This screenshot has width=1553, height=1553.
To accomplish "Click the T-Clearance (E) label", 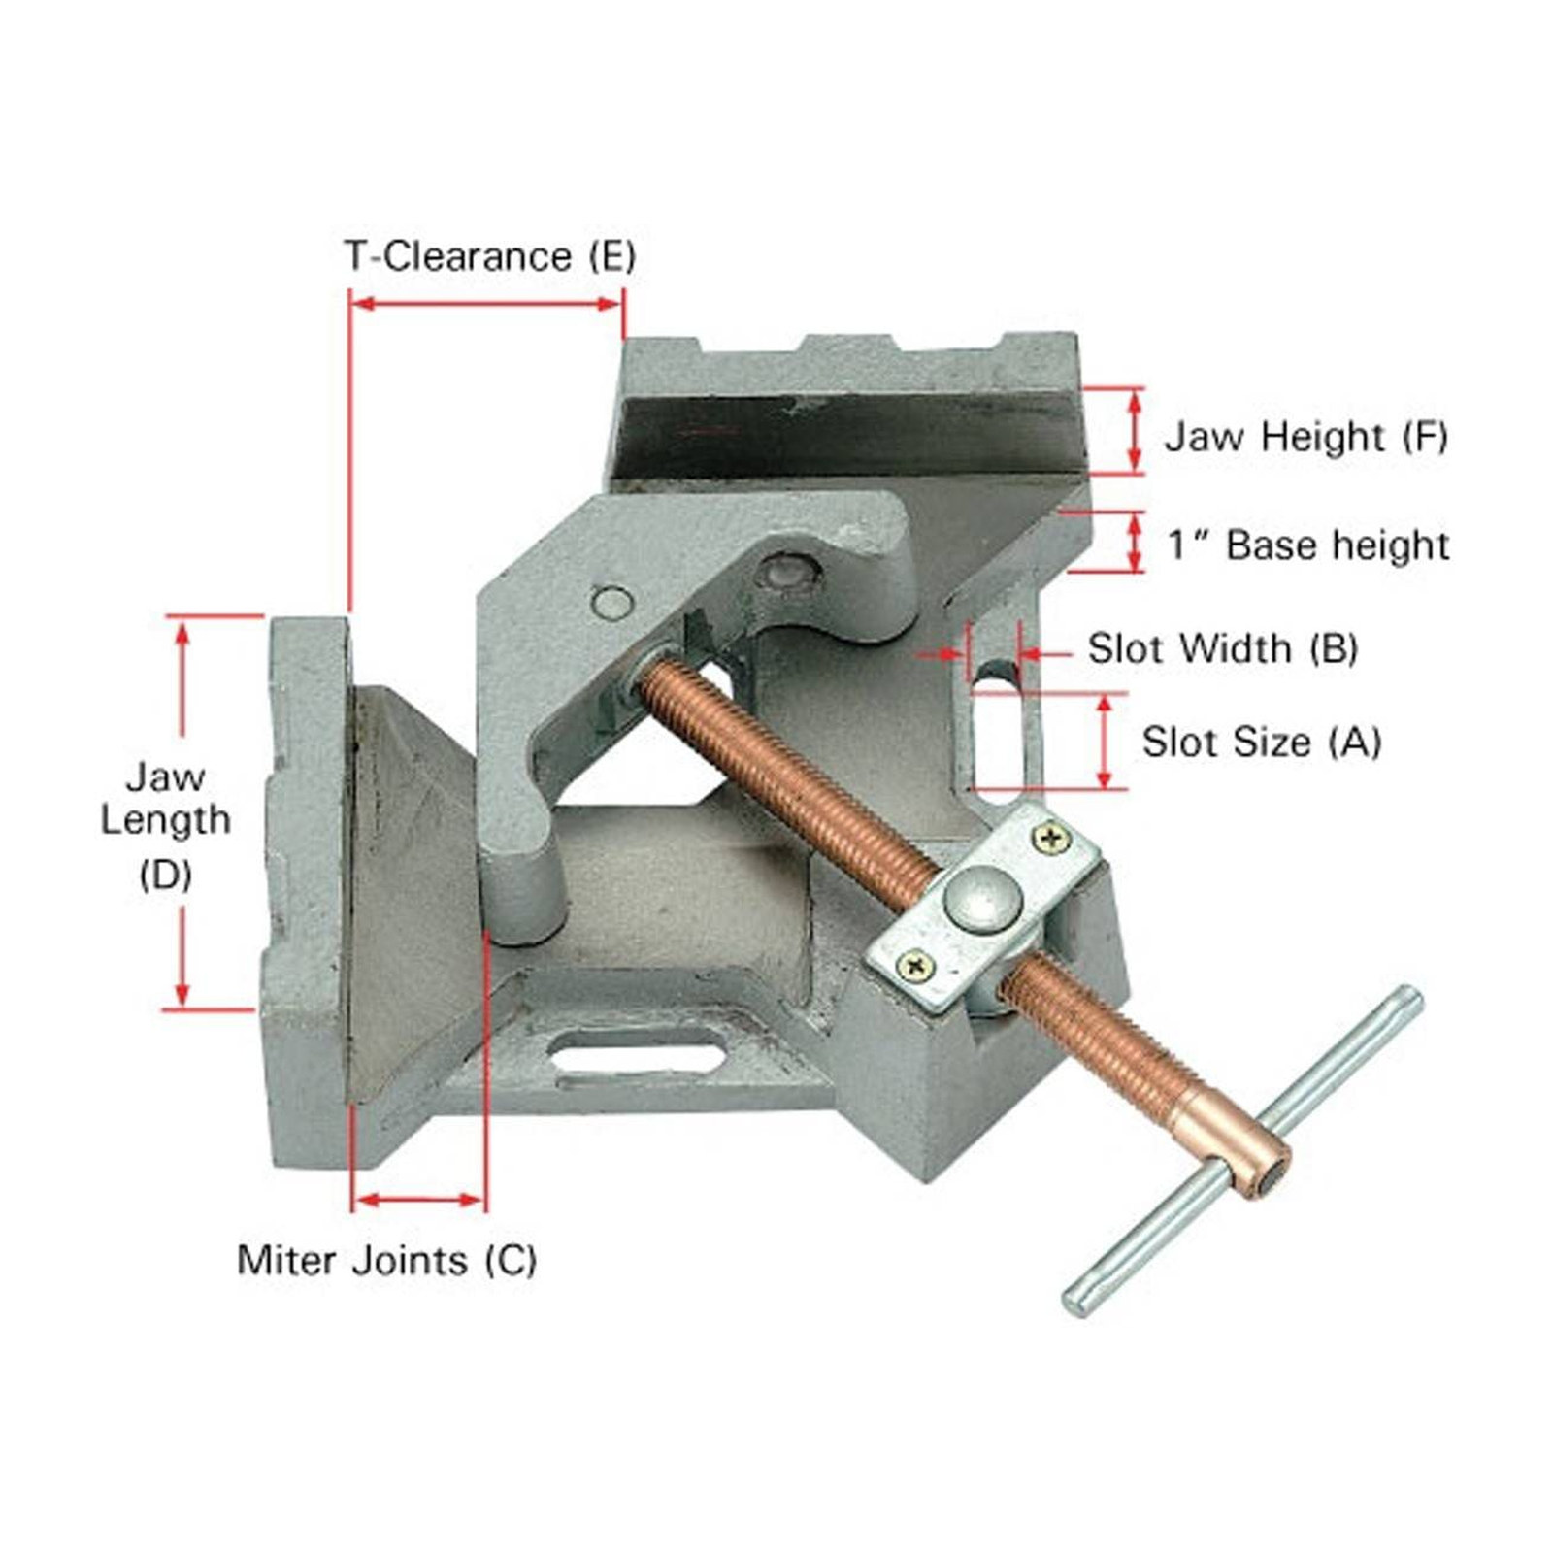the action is (x=490, y=256).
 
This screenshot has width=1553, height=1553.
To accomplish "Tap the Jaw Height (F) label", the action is (x=1306, y=437).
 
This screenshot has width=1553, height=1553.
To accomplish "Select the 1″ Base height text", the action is (x=1308, y=545).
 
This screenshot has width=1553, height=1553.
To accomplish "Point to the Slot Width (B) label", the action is (x=1222, y=648).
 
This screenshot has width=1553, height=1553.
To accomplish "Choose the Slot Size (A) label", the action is (x=1261, y=743).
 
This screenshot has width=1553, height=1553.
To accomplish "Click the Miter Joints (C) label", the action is (x=386, y=1260).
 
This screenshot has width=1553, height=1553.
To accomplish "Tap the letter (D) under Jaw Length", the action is (x=165, y=876).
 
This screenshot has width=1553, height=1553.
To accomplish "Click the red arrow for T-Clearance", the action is (x=485, y=304).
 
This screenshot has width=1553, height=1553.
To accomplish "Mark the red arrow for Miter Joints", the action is (x=417, y=1201).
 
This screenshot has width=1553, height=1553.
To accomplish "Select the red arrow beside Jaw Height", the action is (x=1133, y=431).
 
